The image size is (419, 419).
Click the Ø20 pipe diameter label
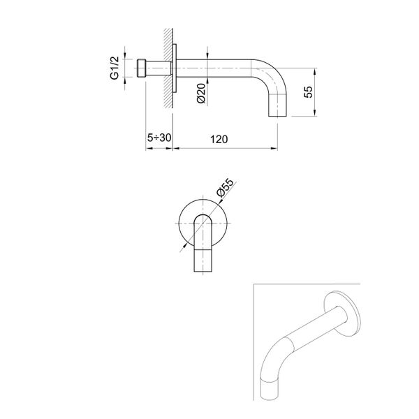point(200,92)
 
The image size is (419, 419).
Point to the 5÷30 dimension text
point(159,138)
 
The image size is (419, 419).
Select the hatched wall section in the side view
point(168,70)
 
